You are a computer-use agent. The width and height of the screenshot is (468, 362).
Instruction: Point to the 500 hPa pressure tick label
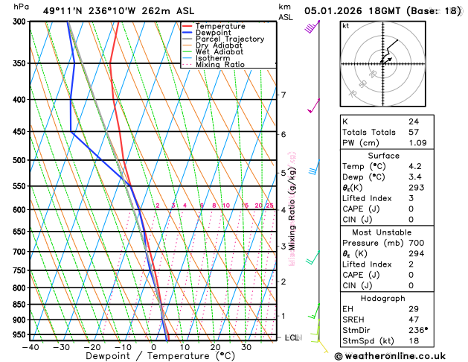(19, 160)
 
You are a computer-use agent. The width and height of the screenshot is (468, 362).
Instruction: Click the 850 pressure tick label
(19, 305)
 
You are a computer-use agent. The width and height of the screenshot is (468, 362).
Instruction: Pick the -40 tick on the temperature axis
(31, 347)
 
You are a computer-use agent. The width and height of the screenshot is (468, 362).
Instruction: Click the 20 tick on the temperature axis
(214, 347)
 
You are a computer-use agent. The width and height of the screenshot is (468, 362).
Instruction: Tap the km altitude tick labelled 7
(283, 95)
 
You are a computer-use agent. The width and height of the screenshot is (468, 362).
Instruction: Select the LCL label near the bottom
(292, 337)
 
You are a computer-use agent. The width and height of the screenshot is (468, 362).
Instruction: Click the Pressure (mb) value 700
(416, 243)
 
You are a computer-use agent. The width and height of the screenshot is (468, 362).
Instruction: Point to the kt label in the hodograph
(345, 25)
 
